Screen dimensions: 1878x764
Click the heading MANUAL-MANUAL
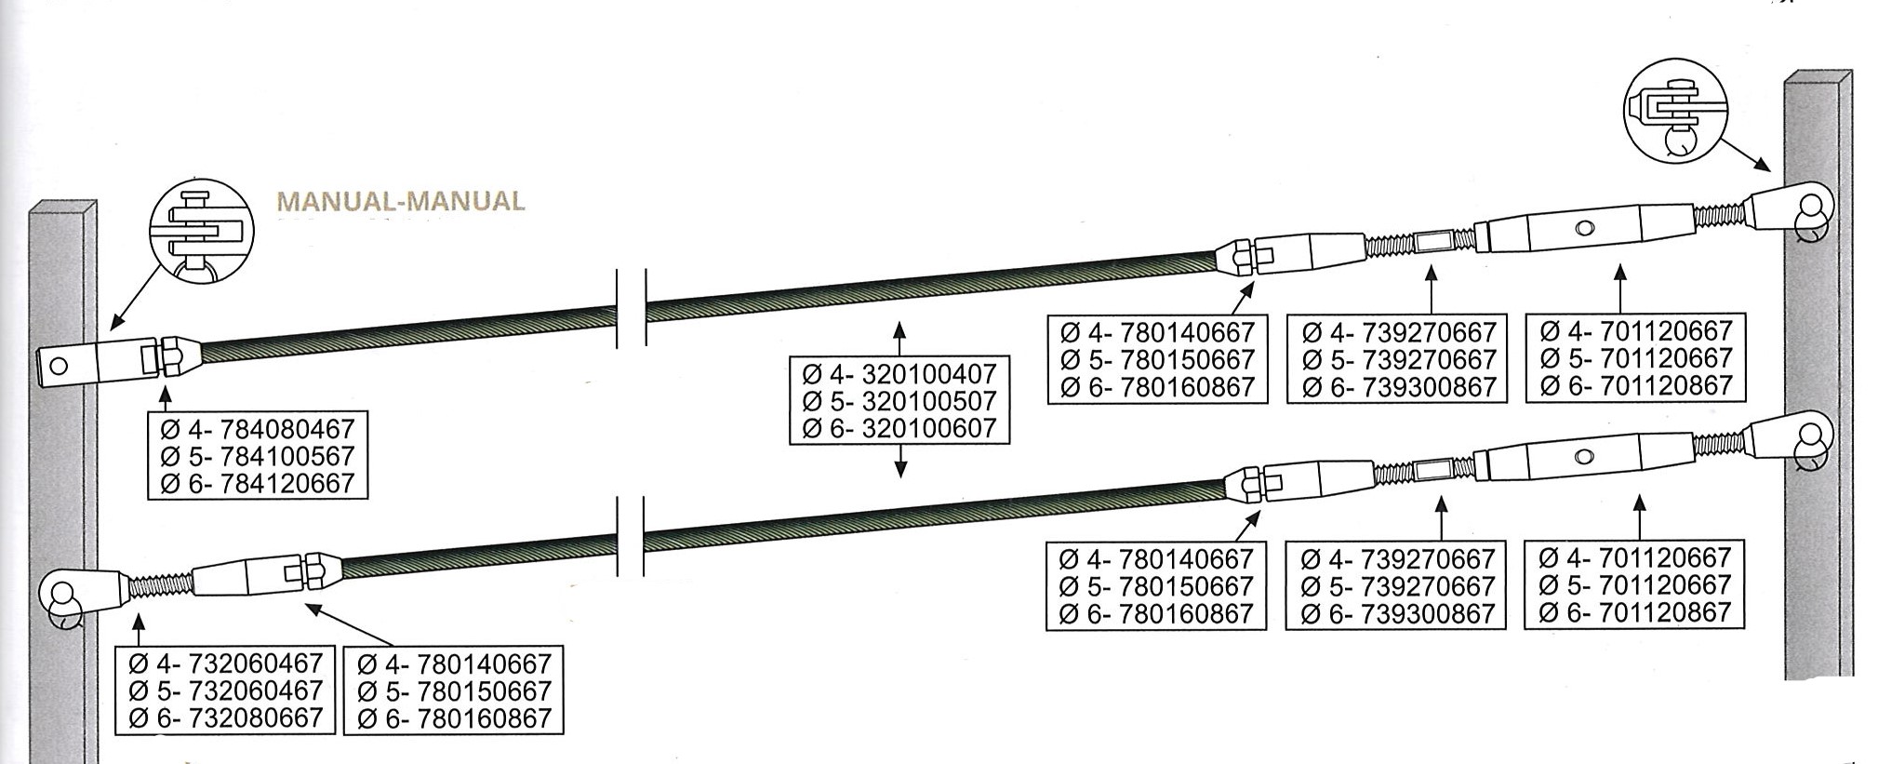coord(401,201)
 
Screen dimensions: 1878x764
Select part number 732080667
coord(256,717)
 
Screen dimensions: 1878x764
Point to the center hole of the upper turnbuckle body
coord(1581,227)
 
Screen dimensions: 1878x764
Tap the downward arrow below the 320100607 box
coord(899,462)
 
